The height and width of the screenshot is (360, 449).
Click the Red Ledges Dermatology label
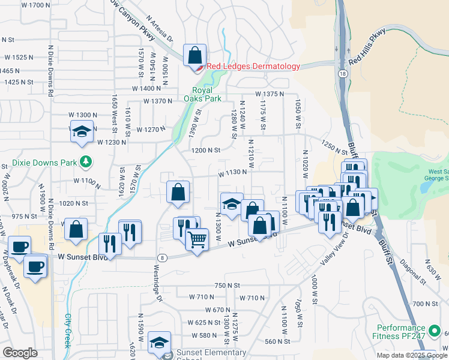[253, 67]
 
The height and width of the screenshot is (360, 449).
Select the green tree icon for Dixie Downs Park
[86, 161]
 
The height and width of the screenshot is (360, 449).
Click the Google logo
[20, 353]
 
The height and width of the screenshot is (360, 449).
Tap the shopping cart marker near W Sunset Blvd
[197, 239]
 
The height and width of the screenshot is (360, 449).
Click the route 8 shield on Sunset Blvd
[162, 257]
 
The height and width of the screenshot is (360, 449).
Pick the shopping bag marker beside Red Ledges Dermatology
[195, 56]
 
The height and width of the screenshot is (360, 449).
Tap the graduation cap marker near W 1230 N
[82, 131]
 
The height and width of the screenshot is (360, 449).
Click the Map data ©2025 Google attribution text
[412, 355]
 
